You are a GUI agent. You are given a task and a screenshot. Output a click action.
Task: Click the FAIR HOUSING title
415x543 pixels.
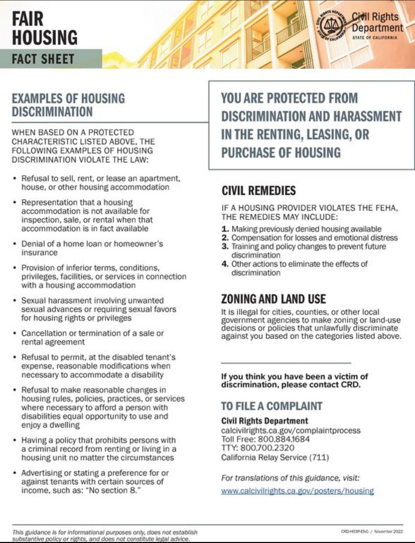click(x=44, y=28)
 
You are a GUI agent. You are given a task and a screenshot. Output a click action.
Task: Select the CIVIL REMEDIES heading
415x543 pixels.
click(x=259, y=191)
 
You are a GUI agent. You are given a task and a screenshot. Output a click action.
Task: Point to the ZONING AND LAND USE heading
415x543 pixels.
click(x=274, y=299)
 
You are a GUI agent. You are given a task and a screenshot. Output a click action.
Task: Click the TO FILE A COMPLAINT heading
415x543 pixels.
click(x=272, y=406)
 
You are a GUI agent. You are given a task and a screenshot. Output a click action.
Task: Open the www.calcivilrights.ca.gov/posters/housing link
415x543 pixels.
click(x=297, y=491)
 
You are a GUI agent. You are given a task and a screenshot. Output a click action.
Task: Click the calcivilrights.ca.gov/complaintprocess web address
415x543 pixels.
click(x=291, y=430)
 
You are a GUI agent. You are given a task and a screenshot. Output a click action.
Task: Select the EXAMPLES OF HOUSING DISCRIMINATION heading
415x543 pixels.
click(x=68, y=105)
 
